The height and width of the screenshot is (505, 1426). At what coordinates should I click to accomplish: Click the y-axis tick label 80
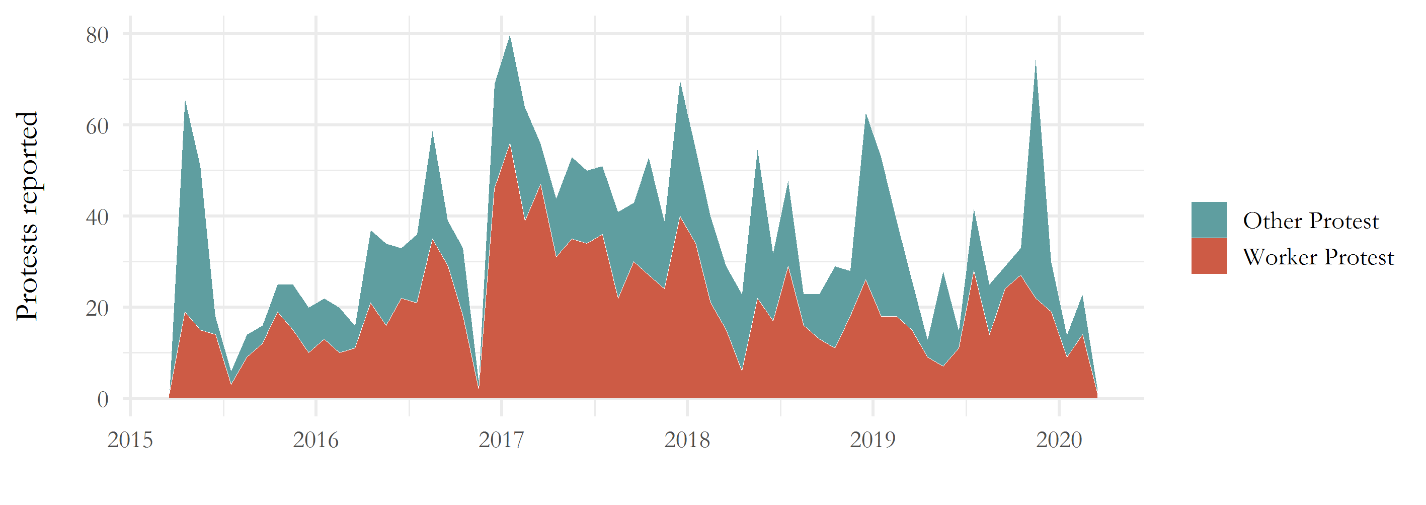pos(98,35)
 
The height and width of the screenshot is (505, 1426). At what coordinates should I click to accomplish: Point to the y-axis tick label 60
pos(98,126)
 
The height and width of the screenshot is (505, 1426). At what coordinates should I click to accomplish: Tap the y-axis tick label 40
pos(98,217)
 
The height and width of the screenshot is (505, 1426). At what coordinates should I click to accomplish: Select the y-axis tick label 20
pos(98,308)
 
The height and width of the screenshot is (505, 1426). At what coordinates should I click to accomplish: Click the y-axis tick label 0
pos(103,399)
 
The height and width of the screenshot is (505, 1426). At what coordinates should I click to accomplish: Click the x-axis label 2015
pos(130,440)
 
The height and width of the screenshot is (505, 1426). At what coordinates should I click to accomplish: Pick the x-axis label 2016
pos(315,440)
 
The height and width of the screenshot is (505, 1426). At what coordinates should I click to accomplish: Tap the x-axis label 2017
pos(502,440)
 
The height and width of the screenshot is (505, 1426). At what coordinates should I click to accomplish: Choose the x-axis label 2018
pos(687,440)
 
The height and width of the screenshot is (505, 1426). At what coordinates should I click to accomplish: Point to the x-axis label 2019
pos(873,440)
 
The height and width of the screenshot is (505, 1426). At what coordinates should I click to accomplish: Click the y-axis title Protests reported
pos(27,216)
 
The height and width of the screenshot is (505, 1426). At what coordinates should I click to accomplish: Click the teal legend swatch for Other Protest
pos(1209,220)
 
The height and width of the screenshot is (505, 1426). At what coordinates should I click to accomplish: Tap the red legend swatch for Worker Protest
pos(1209,256)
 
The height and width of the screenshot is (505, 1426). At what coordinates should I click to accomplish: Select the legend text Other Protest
pos(1311,221)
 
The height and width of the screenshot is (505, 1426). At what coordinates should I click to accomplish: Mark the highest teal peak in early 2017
pos(510,39)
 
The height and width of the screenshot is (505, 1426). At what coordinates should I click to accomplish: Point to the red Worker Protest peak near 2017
pos(510,146)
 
